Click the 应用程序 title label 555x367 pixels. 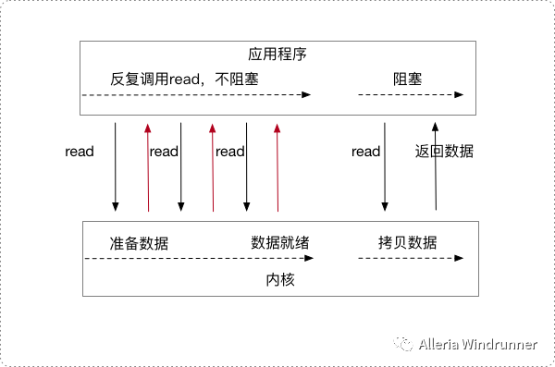coord(277,55)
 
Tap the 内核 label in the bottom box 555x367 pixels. coord(280,279)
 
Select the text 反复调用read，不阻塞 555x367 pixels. coord(184,80)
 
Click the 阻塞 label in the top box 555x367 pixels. coord(407,80)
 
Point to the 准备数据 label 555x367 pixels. coord(139,243)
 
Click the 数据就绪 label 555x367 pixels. coord(280,243)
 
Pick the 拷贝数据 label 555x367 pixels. coord(407,243)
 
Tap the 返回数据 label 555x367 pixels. coord(444,152)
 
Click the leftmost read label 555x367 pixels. coord(80,152)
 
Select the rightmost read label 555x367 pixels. coord(366,152)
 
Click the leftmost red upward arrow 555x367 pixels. coord(148,167)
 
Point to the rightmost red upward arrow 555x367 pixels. coord(277,167)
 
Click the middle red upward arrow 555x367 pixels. coord(213,167)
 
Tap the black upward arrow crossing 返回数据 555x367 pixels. coord(436,166)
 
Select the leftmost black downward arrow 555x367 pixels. coord(115,167)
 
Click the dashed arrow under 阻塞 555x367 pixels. coord(411,95)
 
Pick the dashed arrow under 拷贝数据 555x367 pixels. coord(411,258)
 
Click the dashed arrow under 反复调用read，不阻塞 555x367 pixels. coord(196,95)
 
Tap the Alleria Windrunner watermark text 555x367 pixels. coord(478,344)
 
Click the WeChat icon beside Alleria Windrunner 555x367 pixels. coord(403,344)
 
